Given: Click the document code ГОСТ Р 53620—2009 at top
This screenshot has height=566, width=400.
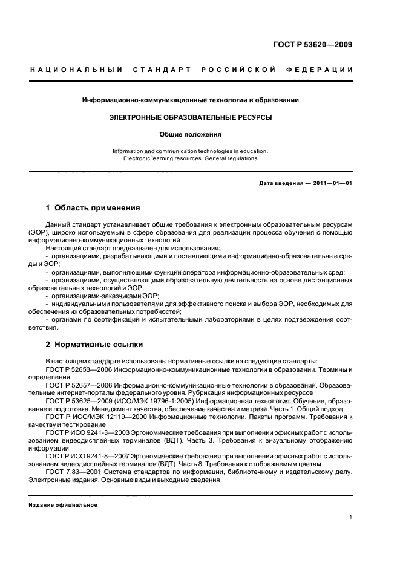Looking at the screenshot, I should (x=313, y=45).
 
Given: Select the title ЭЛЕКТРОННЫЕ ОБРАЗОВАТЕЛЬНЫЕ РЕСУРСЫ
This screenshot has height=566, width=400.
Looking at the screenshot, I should (x=191, y=117).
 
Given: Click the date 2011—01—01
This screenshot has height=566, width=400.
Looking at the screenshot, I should (x=332, y=183).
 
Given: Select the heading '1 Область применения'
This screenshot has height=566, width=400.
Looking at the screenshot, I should (x=93, y=207).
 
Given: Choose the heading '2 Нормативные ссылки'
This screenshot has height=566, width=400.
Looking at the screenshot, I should (x=94, y=345).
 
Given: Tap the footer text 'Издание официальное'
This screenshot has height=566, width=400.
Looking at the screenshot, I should (x=64, y=505).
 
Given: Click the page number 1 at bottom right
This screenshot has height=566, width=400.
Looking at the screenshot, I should (x=351, y=517).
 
